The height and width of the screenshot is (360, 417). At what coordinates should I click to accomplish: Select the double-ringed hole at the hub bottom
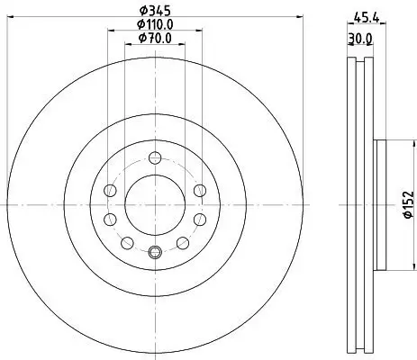coord(154,252)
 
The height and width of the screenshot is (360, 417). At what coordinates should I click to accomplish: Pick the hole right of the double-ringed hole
coord(183,242)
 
